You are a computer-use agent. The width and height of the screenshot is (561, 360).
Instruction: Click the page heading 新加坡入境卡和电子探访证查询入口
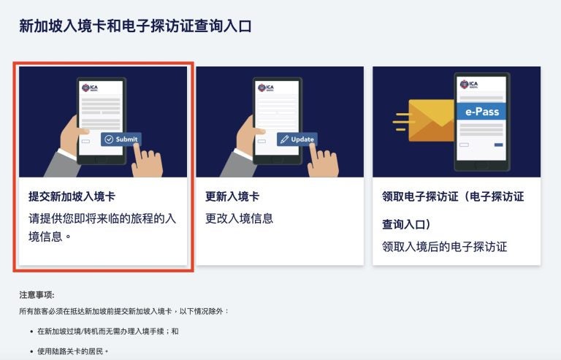(135, 26)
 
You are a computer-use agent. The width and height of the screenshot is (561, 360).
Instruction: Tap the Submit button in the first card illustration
(121, 139)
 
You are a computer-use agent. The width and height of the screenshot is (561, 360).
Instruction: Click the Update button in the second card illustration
(297, 139)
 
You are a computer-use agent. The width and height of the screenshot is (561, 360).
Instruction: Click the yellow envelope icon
(431, 120)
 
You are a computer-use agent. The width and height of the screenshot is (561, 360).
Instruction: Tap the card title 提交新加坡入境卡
(72, 196)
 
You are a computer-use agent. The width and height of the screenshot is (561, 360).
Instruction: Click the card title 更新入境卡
(232, 196)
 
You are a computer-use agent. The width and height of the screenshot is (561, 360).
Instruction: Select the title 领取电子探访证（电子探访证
(453, 196)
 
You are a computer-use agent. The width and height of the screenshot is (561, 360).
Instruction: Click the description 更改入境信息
(239, 218)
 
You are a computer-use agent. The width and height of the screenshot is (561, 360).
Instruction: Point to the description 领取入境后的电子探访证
(444, 246)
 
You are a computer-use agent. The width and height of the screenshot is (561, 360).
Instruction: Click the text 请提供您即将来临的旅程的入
(102, 218)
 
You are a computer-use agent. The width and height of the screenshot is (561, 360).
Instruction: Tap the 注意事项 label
(37, 295)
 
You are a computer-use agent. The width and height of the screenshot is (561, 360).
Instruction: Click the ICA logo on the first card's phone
(88, 88)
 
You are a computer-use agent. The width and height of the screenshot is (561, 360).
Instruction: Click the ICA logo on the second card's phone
(264, 88)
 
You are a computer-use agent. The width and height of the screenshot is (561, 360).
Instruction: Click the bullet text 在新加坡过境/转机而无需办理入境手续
(107, 331)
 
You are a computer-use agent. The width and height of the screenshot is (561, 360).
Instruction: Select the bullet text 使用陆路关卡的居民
(72, 351)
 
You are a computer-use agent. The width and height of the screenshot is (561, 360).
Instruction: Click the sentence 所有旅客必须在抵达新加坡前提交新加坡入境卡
(123, 311)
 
